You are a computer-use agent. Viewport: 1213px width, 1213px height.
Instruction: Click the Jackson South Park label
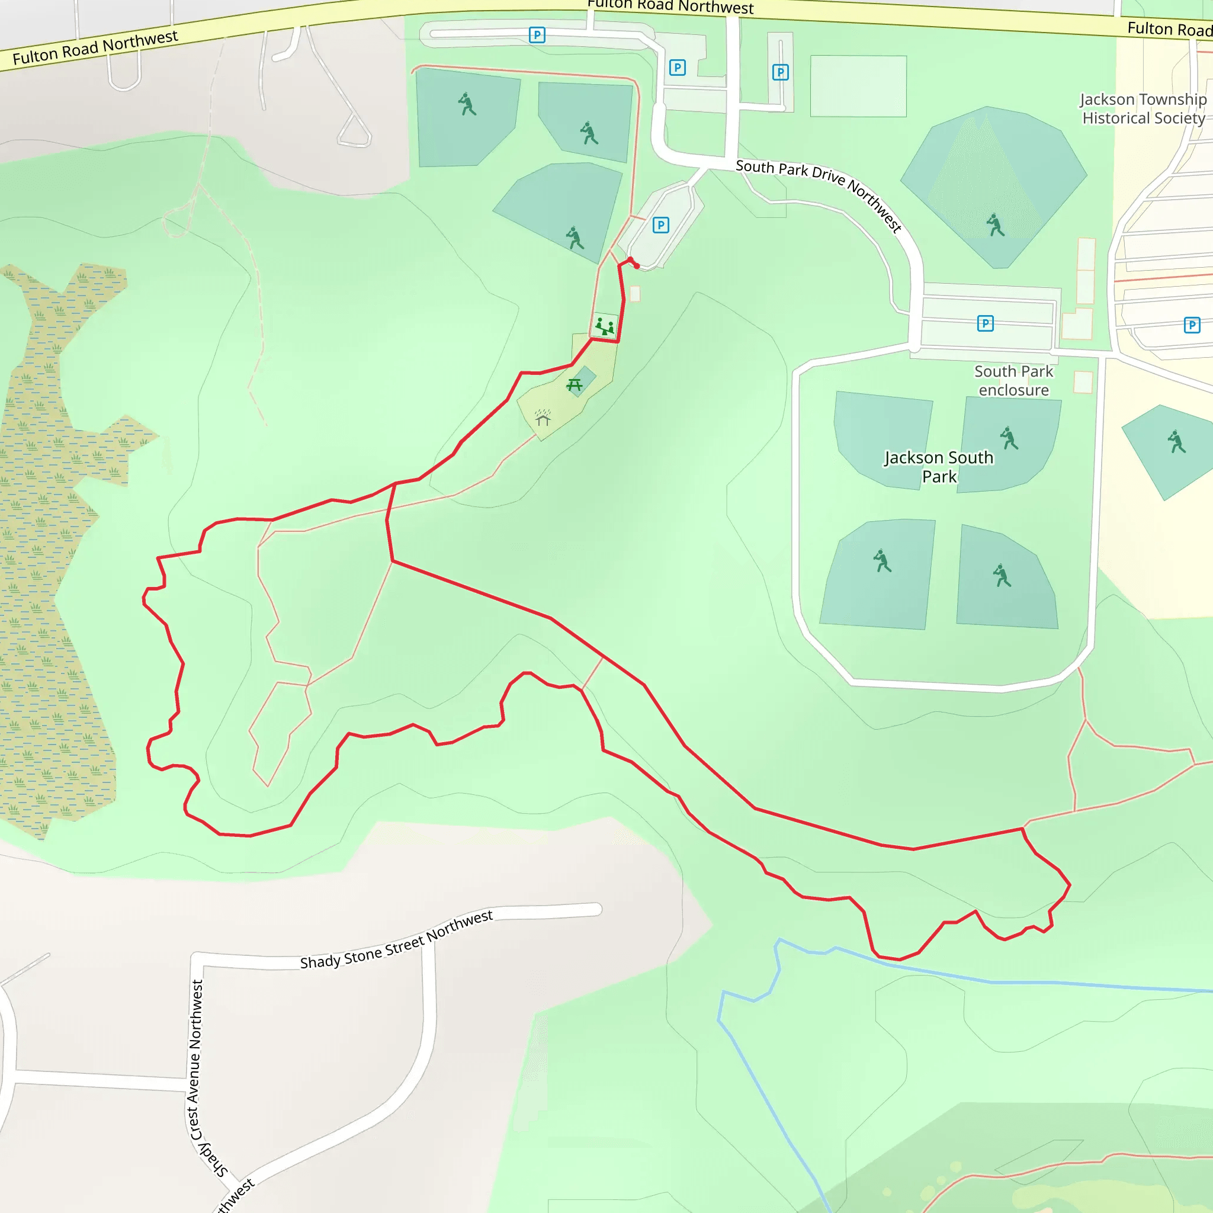tap(939, 467)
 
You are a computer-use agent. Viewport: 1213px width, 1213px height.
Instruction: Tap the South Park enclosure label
tap(1013, 380)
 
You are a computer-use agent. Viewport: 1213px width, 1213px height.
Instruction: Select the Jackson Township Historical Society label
tap(1143, 108)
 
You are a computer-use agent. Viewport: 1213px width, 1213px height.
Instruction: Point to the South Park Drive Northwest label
tap(819, 194)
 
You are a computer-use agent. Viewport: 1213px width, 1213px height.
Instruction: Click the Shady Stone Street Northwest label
tap(396, 940)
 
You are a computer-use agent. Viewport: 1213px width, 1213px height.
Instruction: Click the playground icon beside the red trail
tap(605, 326)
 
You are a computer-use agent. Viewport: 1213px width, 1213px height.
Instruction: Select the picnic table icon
tap(575, 385)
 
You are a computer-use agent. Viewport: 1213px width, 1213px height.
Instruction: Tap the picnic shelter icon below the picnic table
tap(543, 418)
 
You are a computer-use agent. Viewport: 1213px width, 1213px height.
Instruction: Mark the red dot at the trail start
tap(637, 266)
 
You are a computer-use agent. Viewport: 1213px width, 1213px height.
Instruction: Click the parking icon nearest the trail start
tap(660, 224)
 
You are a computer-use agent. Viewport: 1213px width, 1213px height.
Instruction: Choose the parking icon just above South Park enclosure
tap(985, 323)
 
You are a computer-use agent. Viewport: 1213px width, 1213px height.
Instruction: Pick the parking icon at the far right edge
tap(1192, 325)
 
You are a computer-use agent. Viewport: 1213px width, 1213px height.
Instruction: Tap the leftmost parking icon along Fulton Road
tap(537, 34)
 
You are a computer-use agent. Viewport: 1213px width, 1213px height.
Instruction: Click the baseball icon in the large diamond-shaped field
tap(995, 224)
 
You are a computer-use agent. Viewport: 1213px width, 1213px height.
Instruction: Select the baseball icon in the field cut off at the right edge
tap(1176, 441)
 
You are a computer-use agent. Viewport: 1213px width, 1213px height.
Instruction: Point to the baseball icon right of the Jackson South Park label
tap(1009, 438)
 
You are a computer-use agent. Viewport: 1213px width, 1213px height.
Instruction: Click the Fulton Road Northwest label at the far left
tap(95, 48)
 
